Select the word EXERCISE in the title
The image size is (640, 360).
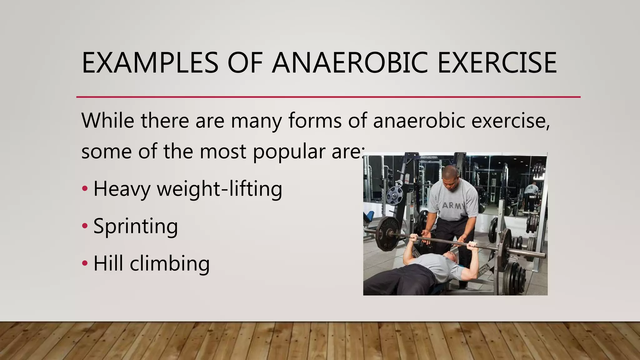coord(497,63)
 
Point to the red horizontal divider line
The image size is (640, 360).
coord(328,97)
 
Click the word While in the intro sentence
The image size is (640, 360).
coord(107,120)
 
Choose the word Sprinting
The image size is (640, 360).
coord(136,227)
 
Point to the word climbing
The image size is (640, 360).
coord(169,264)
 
